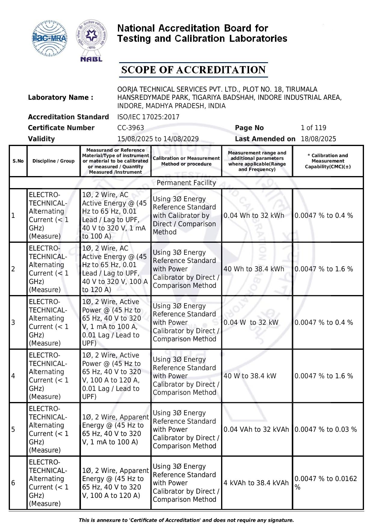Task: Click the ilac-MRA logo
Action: click(x=50, y=38)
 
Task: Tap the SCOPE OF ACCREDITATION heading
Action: click(x=193, y=70)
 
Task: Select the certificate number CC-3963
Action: click(x=131, y=128)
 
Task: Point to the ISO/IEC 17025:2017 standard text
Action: click(x=148, y=117)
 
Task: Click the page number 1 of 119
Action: click(x=313, y=128)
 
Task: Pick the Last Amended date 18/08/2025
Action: click(x=318, y=139)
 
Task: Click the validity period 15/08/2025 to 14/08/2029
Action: click(x=158, y=139)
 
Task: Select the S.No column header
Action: click(x=18, y=161)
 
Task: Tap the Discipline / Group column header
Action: click(x=54, y=161)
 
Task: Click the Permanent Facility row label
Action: click(x=186, y=183)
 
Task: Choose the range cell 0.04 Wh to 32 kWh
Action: click(x=254, y=215)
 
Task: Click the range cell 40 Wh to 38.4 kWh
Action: click(x=254, y=269)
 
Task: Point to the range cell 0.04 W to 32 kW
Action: click(x=251, y=322)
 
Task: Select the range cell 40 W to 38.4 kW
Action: click(x=250, y=376)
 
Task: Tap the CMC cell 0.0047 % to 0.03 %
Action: click(x=325, y=429)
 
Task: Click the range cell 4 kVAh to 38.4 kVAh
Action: click(x=256, y=483)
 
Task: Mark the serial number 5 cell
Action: click(x=13, y=429)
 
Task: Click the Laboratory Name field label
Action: click(x=60, y=97)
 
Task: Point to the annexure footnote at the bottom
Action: click(x=186, y=520)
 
